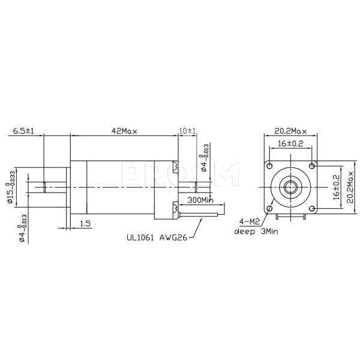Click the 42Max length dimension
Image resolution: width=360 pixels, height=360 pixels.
pyautogui.click(x=124, y=131)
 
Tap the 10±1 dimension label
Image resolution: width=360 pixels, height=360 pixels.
pyautogui.click(x=188, y=131)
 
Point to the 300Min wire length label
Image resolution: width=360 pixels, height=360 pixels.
pyautogui.click(x=201, y=200)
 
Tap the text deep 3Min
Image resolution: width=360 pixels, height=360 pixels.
pyautogui.click(x=256, y=230)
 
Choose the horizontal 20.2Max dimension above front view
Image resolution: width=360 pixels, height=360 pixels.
pyautogui.click(x=290, y=131)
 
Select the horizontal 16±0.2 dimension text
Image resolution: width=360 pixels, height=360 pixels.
pyautogui.click(x=290, y=143)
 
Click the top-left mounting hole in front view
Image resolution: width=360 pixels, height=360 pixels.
pyautogui.click(x=270, y=166)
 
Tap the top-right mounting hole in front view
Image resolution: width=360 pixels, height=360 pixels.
pyautogui.click(x=311, y=166)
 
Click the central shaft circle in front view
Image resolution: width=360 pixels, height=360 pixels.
pyautogui.click(x=290, y=187)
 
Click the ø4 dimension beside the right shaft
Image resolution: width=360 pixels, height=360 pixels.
pyautogui.click(x=205, y=158)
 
